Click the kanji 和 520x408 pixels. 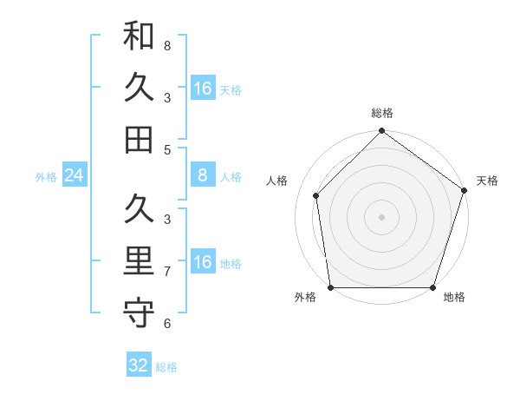[139, 36]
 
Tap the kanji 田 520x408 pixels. [139, 138]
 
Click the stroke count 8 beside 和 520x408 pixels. [167, 45]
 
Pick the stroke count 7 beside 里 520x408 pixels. [167, 271]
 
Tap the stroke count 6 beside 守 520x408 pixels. [167, 324]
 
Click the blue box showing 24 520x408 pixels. [74, 176]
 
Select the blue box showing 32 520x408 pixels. [139, 365]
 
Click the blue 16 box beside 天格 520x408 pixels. [203, 89]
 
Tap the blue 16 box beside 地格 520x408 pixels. [203, 263]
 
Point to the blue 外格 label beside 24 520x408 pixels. [46, 177]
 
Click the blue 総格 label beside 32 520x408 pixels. [166, 367]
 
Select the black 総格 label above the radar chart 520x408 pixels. [382, 113]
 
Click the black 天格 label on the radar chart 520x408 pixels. [487, 181]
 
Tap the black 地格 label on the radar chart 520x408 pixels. [454, 298]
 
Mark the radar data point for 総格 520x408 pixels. [382, 132]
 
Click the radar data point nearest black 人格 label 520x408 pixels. [316, 195]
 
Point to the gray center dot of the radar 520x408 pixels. [382, 216]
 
